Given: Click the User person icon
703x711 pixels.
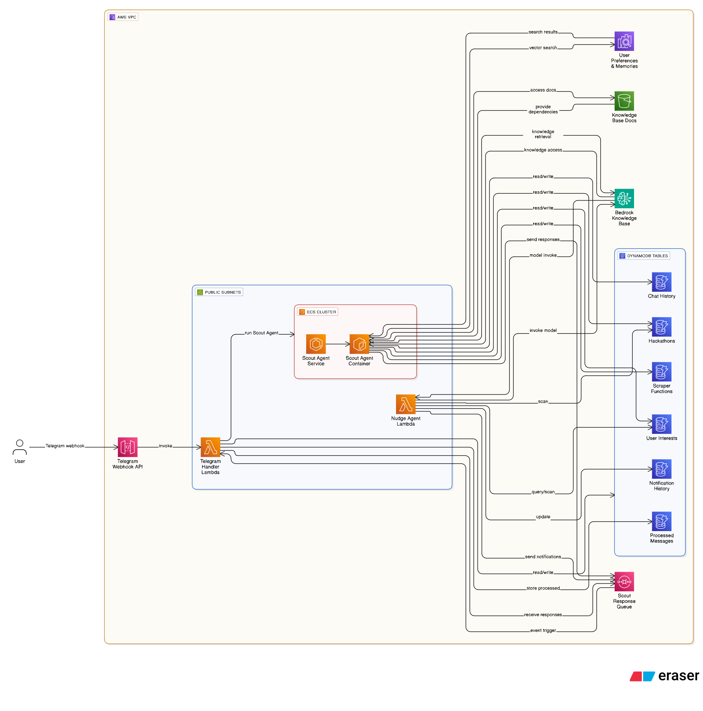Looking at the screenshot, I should click(20, 447).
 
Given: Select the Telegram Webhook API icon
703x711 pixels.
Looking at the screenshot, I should click(128, 447).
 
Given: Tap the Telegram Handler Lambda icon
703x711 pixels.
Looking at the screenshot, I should click(210, 447).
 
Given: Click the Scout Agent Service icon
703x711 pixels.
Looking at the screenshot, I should click(316, 344).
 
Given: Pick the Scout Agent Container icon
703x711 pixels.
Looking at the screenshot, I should click(359, 344).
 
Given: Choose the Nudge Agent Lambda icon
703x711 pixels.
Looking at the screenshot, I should click(405, 404).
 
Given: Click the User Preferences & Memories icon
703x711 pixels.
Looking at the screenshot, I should click(624, 41).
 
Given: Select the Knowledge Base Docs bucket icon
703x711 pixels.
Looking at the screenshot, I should click(624, 101).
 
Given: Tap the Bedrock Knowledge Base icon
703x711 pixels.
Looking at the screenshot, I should click(624, 198).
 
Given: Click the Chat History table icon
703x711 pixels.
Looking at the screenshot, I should click(661, 282).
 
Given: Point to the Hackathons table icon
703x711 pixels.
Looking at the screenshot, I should click(661, 327).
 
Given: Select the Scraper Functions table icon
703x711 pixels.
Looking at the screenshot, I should click(661, 372).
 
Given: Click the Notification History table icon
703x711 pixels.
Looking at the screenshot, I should click(661, 469).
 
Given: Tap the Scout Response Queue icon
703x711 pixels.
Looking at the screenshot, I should click(624, 581).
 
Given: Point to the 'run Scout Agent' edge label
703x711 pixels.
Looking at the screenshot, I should click(261, 333).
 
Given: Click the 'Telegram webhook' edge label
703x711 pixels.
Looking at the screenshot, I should click(65, 446).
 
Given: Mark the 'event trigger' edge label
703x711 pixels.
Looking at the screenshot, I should click(543, 630).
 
